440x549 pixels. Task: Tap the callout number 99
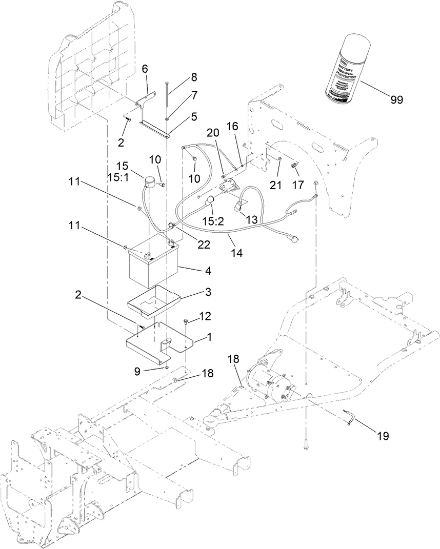[x=396, y=99]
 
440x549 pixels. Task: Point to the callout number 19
[x=382, y=436]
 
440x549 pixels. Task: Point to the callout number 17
[x=297, y=185]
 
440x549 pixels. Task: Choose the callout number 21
[x=276, y=185]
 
